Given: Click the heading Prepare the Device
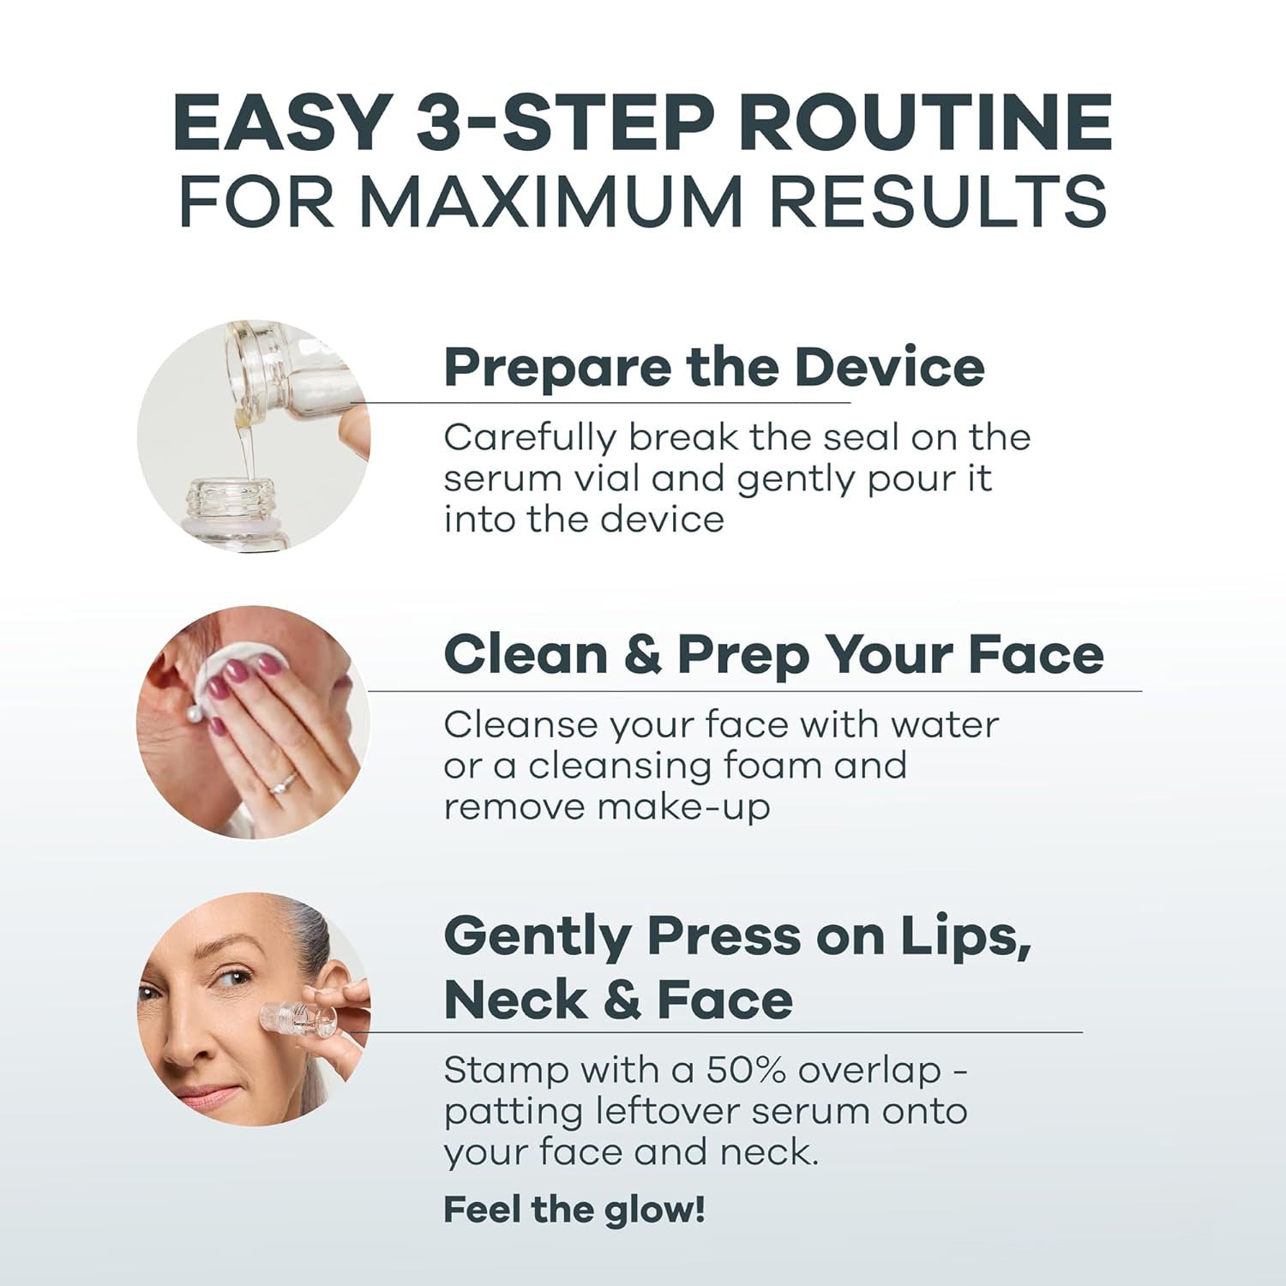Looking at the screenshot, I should click(x=713, y=367).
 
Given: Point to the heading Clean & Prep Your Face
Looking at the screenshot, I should click(x=773, y=655).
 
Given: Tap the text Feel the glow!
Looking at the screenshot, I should click(x=574, y=1210).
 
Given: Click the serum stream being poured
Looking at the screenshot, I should click(x=246, y=446).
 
